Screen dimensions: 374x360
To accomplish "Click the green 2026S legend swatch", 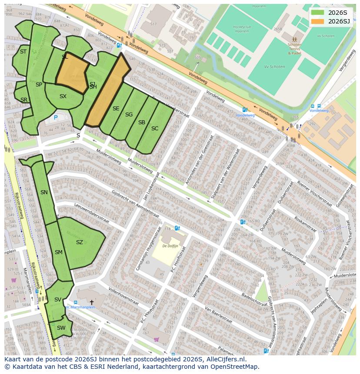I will [x=318, y=13].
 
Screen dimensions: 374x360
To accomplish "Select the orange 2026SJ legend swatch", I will [x=318, y=21].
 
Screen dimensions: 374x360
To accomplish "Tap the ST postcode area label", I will [x=23, y=52].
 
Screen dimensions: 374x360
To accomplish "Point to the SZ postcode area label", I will [x=79, y=242].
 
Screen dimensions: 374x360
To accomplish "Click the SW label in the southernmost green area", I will [x=61, y=328].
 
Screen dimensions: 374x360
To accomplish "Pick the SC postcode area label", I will [x=155, y=129].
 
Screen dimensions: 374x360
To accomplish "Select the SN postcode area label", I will [x=44, y=192].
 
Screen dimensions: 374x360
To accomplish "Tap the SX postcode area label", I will [x=63, y=96].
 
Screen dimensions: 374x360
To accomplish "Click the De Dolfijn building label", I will [x=171, y=246].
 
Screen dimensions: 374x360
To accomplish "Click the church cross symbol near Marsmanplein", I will [x=91, y=302].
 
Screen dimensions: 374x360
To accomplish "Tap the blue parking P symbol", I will [x=56, y=117].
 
